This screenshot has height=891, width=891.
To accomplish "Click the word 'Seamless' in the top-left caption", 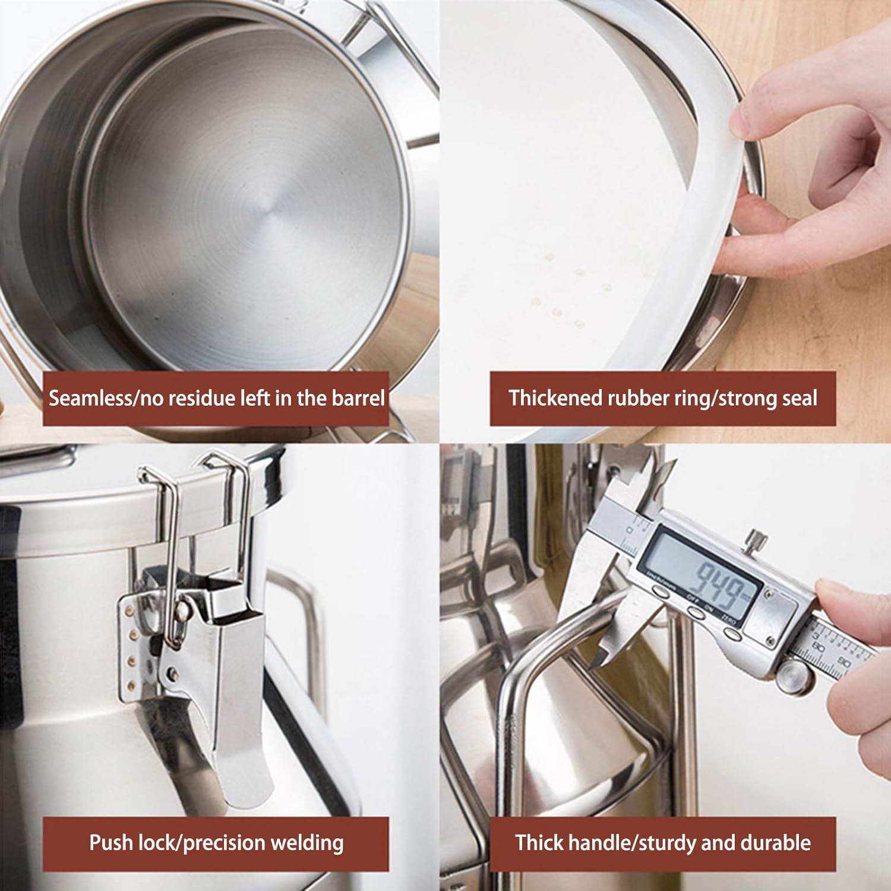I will (x=89, y=398).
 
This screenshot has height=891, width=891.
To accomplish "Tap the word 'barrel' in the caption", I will (x=358, y=398).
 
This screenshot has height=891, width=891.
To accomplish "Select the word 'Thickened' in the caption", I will (x=555, y=398).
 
